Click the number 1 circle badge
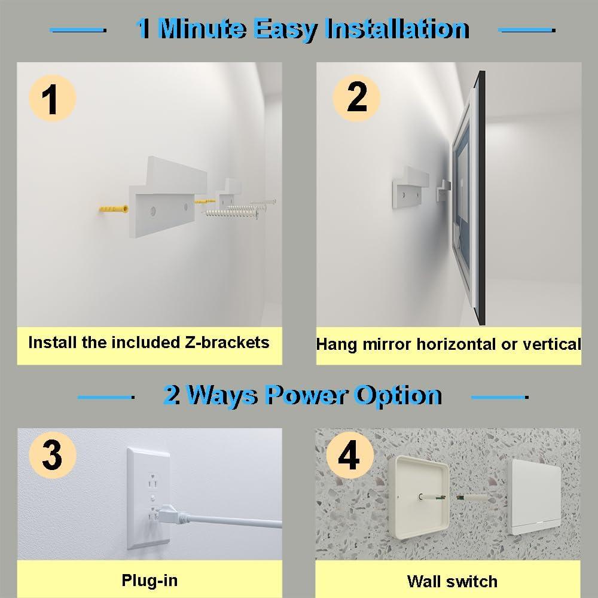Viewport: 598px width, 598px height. tap(52, 99)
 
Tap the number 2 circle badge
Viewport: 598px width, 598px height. tap(356, 97)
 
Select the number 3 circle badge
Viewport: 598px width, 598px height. tap(52, 456)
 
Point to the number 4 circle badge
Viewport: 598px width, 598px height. tap(349, 456)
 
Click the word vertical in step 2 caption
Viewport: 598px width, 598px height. tap(550, 344)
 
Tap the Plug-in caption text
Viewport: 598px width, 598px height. tap(149, 579)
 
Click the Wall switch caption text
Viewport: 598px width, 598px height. tap(452, 581)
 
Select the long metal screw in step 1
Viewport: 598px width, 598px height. tap(230, 211)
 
